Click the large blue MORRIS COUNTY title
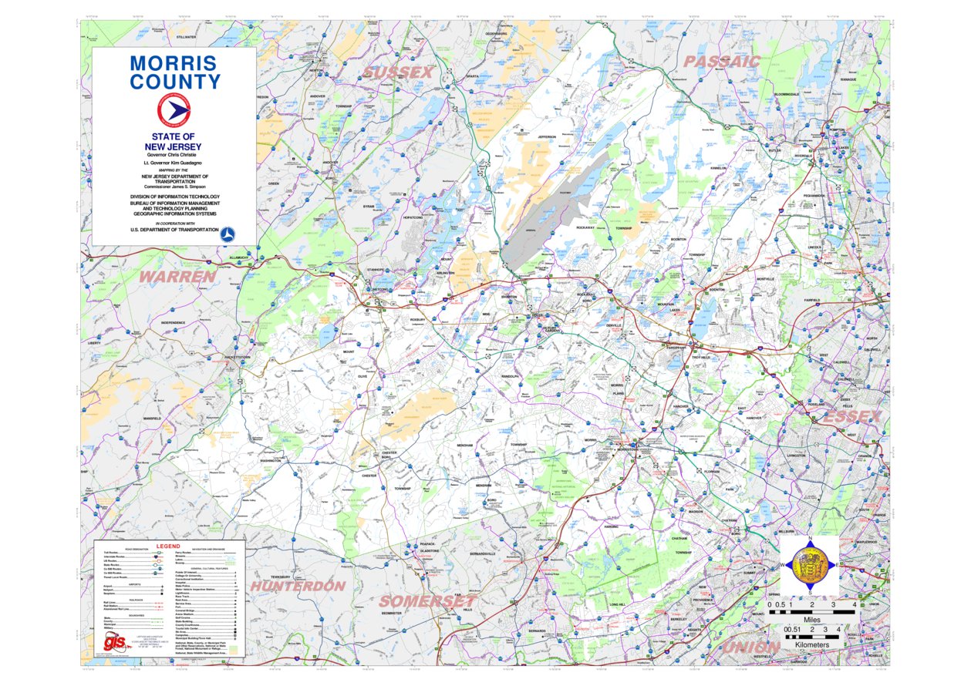point(175,72)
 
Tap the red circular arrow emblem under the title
point(174,111)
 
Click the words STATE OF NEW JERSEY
point(175,142)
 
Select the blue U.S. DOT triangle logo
point(229,232)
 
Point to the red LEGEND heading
point(167,546)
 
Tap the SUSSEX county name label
point(398,72)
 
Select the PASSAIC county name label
point(722,61)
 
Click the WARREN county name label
point(177,275)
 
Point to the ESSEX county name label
point(852,416)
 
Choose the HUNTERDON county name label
point(297,586)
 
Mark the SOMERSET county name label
point(427,600)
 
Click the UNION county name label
point(750,647)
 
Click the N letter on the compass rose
point(810,539)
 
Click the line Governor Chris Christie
point(175,156)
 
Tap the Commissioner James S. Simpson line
point(175,187)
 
